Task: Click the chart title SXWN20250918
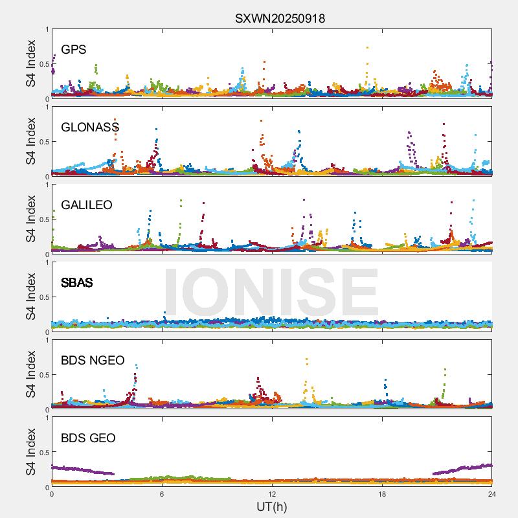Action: (x=280, y=19)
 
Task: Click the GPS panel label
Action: (x=74, y=50)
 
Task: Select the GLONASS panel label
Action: (x=90, y=128)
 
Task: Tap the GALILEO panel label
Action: (x=87, y=205)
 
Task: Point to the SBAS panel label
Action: (x=77, y=283)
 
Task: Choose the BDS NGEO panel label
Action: (x=93, y=361)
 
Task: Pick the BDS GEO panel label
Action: (x=88, y=438)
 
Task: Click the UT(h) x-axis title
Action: (x=272, y=506)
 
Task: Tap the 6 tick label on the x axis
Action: (x=162, y=494)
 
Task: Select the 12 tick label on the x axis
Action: (x=272, y=494)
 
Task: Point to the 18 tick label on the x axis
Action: (x=382, y=494)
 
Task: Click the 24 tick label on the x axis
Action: (x=492, y=494)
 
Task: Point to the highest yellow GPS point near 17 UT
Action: (x=367, y=47)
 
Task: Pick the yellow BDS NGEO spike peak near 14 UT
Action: (x=306, y=359)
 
